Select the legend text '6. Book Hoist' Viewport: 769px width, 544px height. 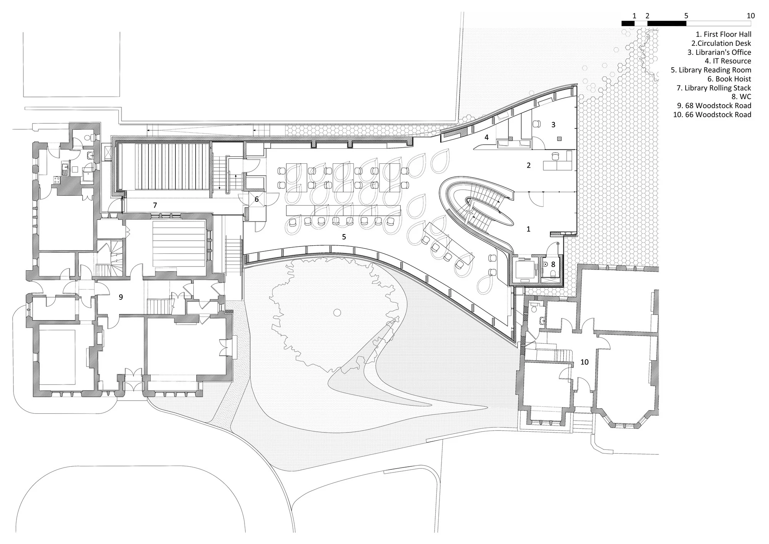pos(729,79)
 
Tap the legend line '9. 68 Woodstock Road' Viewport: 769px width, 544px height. pos(714,106)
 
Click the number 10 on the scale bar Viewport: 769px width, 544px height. pos(751,16)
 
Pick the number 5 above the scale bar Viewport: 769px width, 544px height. pos(686,16)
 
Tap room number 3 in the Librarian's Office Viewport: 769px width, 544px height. pos(553,125)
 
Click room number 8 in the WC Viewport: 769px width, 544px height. pos(553,265)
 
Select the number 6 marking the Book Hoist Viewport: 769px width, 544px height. pos(256,200)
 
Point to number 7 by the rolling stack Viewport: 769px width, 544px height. pos(155,205)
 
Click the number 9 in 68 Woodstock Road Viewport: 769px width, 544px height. pos(121,297)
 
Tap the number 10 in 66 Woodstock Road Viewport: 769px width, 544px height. pos(584,362)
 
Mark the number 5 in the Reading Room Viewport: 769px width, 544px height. pos(344,237)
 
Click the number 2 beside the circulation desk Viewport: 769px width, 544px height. pos(529,166)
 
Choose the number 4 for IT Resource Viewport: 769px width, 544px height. pos(486,137)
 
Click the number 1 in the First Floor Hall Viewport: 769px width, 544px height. pos(528,229)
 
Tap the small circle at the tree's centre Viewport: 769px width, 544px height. pos(337,313)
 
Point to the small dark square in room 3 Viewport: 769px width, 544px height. pos(559,139)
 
